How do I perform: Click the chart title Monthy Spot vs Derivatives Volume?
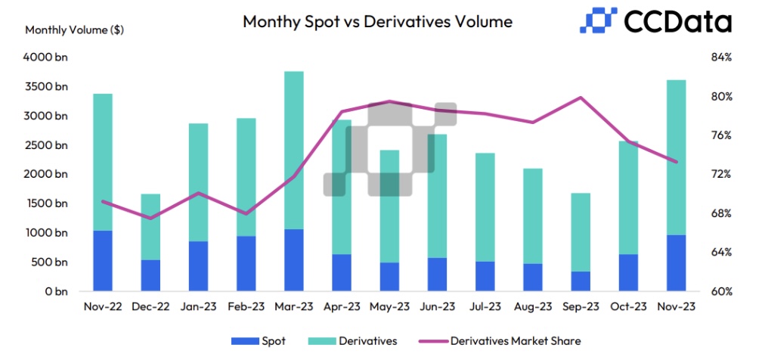(x=377, y=21)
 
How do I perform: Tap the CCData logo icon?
(x=597, y=20)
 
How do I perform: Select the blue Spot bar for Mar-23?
(x=294, y=259)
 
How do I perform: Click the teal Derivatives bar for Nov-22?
(x=103, y=162)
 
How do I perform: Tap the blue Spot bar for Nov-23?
(x=676, y=262)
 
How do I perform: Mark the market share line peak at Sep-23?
(x=581, y=98)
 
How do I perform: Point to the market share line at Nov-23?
(x=676, y=161)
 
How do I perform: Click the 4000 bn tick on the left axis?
(x=46, y=57)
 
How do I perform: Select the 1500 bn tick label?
(x=46, y=203)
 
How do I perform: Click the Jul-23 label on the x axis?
(x=485, y=307)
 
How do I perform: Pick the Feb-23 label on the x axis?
(x=246, y=307)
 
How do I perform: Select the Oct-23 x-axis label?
(x=628, y=307)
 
